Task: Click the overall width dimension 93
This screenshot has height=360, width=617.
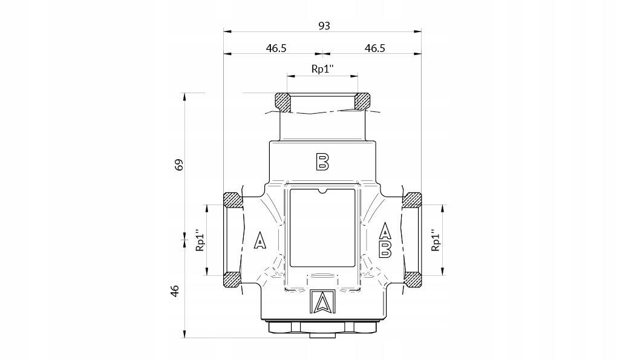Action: pos(324,25)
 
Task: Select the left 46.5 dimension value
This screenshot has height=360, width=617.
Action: pos(275,48)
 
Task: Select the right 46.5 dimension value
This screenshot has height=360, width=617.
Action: pos(375,48)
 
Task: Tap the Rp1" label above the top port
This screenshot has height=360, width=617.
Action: pos(323,69)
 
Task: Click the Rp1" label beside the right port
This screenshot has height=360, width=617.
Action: pos(435,240)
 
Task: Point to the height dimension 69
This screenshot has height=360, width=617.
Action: pos(178,165)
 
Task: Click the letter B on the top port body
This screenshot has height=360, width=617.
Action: pos(322,161)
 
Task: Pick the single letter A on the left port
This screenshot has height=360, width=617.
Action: pos(260,241)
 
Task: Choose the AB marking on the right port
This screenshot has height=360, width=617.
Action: pos(385,240)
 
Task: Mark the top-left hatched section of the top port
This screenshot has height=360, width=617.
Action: pos(282,102)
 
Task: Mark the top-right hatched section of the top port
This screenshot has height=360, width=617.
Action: pos(362,102)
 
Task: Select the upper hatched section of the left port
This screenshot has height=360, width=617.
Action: pos(232,199)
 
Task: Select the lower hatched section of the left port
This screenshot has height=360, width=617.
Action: pos(232,279)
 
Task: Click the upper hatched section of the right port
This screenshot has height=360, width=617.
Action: pos(413,199)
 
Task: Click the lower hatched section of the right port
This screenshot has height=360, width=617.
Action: pos(413,279)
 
